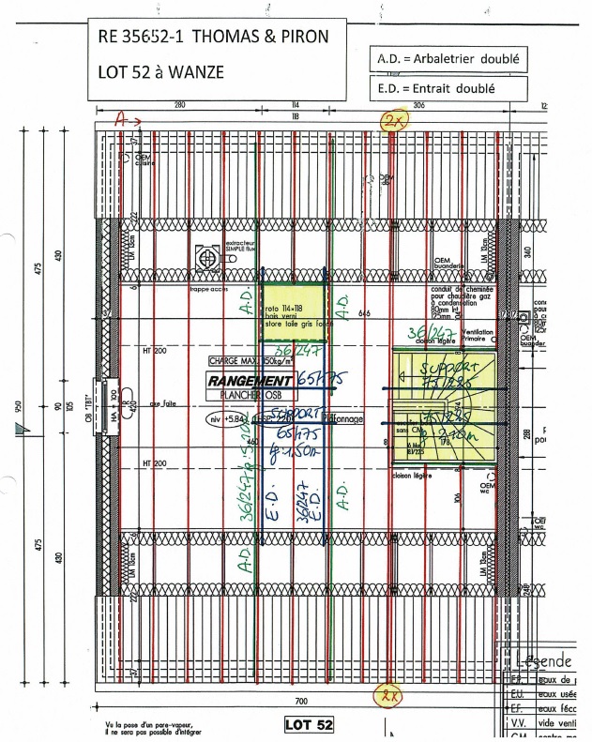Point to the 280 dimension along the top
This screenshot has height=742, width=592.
coord(180,106)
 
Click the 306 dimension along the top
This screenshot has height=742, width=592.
coord(418,106)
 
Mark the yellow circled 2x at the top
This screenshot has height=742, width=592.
coord(389,120)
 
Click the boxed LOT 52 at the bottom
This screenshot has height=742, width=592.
coord(308,725)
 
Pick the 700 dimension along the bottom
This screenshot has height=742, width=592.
coord(301,701)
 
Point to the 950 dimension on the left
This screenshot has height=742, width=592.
coord(18,405)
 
